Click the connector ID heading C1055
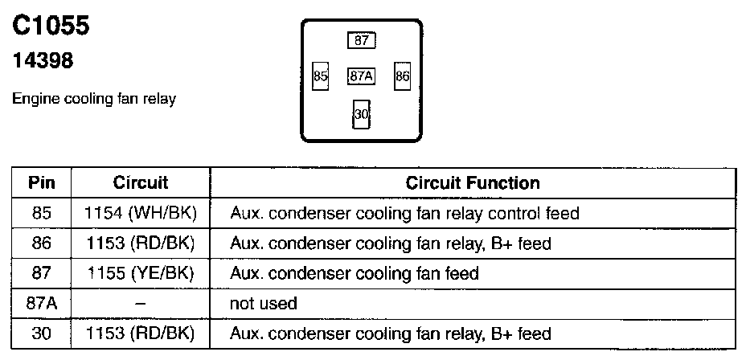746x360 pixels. point(51,26)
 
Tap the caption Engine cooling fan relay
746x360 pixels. point(94,99)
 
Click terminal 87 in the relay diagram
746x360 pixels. point(361,40)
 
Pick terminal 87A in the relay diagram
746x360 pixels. point(361,76)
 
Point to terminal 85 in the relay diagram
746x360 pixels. point(321,76)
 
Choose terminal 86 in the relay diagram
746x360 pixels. point(402,76)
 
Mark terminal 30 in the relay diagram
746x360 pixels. point(361,114)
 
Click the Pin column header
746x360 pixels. point(42,182)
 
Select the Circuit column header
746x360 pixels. point(141,182)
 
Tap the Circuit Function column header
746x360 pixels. point(473,182)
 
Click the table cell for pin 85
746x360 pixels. point(42,214)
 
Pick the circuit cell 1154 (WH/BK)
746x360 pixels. point(141,214)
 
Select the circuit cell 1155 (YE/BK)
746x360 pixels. point(141,273)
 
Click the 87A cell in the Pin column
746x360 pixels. point(42,303)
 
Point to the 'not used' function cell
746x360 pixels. point(264,303)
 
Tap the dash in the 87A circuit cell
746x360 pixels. point(141,303)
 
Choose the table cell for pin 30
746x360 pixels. point(42,333)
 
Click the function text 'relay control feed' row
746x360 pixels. point(404,214)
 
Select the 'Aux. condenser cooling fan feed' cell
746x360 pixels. point(355,273)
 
